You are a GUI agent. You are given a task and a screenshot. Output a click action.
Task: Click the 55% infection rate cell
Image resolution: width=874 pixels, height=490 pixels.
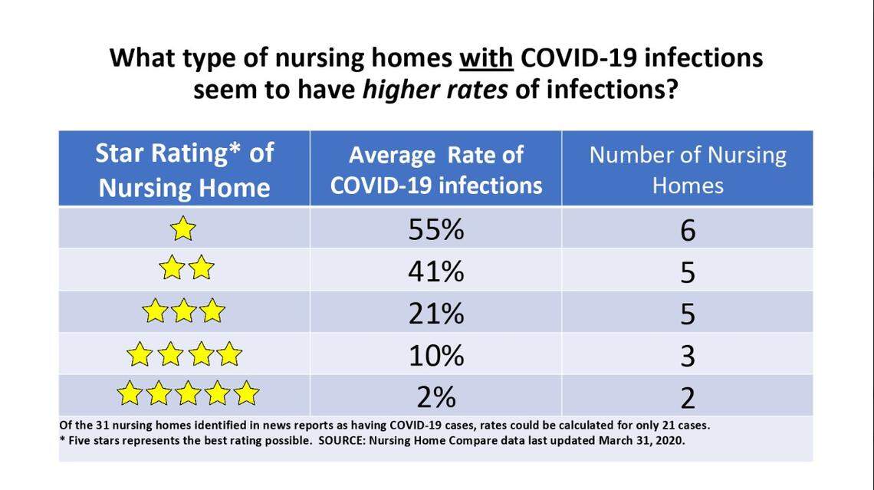435,229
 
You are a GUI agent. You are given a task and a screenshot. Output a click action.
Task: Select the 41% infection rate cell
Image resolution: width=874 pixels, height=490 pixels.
435,271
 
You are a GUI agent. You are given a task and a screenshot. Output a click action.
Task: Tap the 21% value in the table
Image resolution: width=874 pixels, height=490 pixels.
435,313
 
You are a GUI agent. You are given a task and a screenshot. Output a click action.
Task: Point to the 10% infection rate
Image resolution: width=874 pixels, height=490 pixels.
435,355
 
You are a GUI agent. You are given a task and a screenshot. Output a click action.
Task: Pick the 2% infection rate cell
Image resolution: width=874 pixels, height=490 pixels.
435,396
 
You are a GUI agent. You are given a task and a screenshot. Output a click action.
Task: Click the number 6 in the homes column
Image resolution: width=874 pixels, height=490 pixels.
688,229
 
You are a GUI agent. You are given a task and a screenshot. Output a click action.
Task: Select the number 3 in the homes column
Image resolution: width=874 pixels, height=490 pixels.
688,355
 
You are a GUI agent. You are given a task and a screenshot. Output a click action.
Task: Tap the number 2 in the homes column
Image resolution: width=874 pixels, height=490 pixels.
688,397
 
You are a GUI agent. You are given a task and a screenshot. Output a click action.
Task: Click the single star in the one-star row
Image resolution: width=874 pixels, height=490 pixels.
184,229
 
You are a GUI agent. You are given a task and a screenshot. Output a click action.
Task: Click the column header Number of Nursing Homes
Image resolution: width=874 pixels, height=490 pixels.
688,169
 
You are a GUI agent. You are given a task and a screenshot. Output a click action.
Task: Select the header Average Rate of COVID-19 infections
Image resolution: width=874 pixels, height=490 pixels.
435,169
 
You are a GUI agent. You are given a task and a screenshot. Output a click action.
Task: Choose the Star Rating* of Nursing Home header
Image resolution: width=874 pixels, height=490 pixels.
184,169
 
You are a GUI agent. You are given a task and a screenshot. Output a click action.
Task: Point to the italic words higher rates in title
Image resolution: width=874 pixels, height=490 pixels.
435,90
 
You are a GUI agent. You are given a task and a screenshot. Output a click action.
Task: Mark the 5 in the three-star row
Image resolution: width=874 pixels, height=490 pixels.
688,313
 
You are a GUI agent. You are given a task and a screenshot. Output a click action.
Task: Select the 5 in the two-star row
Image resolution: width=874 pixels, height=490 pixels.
688,271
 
